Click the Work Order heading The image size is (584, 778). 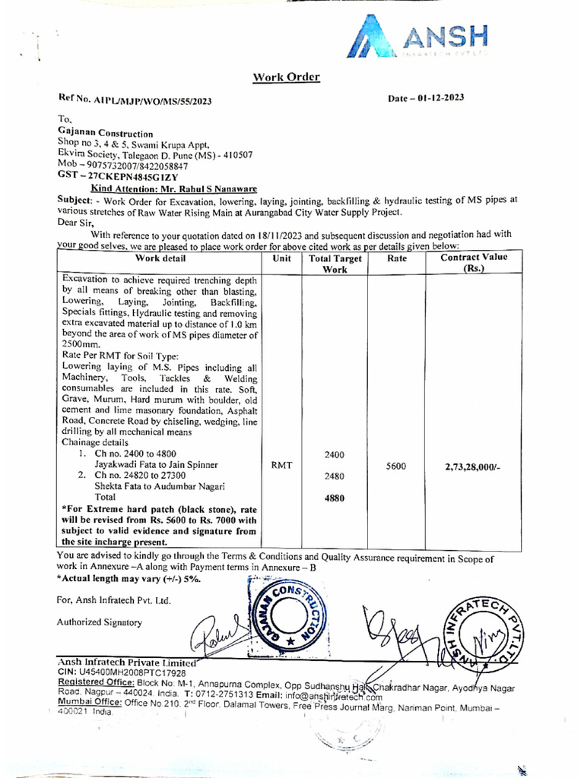[286, 77]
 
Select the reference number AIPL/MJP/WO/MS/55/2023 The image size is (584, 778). [135, 100]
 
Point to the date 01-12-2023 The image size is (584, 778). [426, 98]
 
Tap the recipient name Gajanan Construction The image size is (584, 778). [105, 133]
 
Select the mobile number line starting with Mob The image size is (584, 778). [122, 165]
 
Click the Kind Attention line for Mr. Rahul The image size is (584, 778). [173, 188]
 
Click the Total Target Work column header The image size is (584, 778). [335, 264]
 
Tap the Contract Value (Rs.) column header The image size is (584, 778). [474, 263]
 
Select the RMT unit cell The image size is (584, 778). [281, 466]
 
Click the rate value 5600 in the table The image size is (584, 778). [395, 466]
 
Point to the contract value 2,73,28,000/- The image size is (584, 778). [472, 467]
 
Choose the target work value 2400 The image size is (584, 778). [335, 454]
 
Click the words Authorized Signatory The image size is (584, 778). [99, 622]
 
